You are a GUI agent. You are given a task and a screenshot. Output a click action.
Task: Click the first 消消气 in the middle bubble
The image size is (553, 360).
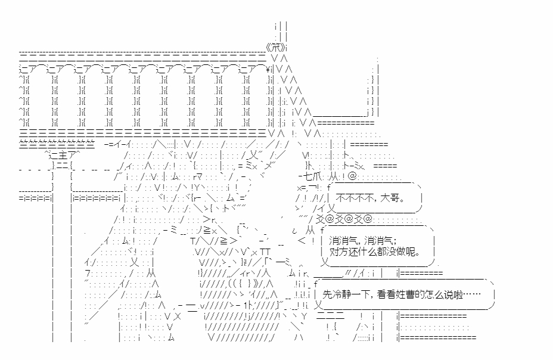(x=342, y=240)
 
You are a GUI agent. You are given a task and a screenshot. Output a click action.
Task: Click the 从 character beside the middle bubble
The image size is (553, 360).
(x=310, y=230)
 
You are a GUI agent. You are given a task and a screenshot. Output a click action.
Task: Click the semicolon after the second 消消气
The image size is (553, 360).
(x=396, y=240)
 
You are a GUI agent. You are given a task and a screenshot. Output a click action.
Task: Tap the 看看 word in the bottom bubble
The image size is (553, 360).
(x=386, y=294)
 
